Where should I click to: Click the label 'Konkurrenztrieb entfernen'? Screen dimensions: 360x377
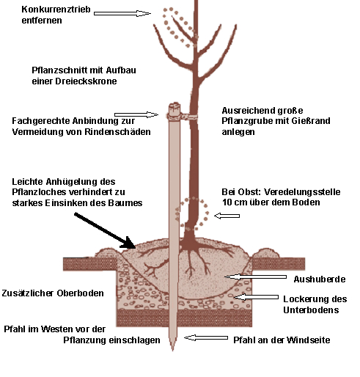pos(56,15)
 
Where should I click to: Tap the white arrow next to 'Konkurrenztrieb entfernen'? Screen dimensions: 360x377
pos(122,13)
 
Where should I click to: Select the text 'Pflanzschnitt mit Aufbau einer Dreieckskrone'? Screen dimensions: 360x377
pos(84,76)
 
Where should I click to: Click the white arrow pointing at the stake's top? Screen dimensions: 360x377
pos(136,114)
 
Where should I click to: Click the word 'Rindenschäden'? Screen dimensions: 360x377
pos(117,132)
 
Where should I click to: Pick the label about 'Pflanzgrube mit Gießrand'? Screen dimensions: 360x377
pos(276,121)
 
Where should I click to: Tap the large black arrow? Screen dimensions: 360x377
pos(105,230)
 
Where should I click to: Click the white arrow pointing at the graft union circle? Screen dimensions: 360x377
pos(227,216)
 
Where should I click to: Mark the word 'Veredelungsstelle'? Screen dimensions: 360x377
pos(302,192)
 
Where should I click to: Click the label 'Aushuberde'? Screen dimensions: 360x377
pos(320,279)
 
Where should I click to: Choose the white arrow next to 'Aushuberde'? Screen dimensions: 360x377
pos(256,277)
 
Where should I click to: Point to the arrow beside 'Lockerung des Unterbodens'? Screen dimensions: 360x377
pos(256,297)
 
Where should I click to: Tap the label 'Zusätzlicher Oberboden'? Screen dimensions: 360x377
pos(53,293)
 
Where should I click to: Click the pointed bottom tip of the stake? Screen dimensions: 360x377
pos(173,351)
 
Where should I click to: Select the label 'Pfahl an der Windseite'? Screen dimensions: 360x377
pos(282,340)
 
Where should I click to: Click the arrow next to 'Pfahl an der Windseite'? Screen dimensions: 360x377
pos(206,337)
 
